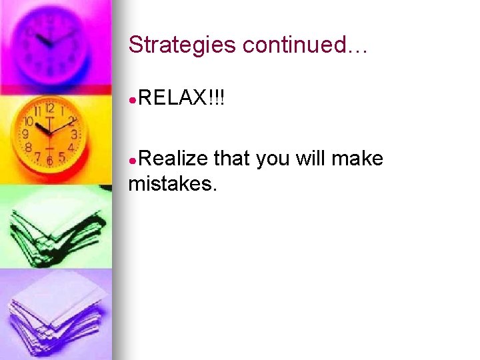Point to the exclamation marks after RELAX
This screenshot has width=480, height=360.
coord(216,99)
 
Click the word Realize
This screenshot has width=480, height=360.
coord(173,159)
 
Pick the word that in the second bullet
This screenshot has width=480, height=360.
coord(231,159)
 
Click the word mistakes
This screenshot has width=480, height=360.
coord(172,183)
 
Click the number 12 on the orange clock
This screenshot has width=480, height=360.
coord(49,107)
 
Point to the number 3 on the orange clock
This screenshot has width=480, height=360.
coord(74,134)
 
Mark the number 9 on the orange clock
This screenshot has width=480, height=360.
coord(25,133)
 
